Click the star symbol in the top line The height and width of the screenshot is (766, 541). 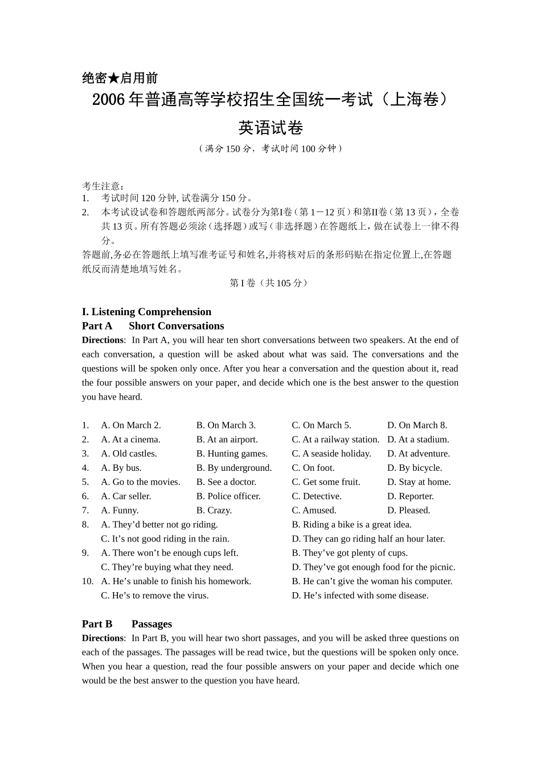[114, 78]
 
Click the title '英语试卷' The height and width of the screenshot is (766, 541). [270, 128]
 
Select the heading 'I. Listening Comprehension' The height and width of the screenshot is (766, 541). [146, 312]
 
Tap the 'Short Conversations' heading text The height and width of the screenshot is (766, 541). [176, 326]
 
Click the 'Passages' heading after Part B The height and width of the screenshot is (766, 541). [151, 624]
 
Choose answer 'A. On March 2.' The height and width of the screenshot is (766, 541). [131, 425]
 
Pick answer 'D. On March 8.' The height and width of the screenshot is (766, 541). [417, 425]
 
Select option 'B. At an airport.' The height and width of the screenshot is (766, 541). [227, 439]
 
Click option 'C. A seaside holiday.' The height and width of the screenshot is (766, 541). [331, 454]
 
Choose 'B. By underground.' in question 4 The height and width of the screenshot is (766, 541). [234, 468]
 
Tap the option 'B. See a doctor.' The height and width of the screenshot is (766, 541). [227, 482]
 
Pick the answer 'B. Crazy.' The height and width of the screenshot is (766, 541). [214, 511]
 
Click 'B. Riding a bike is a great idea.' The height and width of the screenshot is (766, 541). [351, 525]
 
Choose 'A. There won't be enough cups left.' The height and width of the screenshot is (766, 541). [170, 553]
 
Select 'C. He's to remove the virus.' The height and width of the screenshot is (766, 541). [155, 596]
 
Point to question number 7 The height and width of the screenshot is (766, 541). [85, 511]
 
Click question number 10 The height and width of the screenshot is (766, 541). [88, 581]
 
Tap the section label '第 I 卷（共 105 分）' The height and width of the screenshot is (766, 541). [270, 283]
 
